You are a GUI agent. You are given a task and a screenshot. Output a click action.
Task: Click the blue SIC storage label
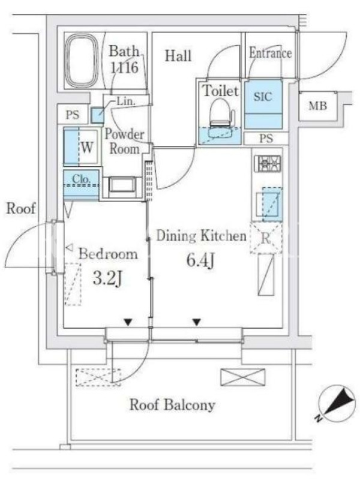tap(263, 97)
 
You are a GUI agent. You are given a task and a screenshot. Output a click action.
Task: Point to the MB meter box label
tap(317, 106)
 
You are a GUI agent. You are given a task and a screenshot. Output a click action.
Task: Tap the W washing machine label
tap(87, 148)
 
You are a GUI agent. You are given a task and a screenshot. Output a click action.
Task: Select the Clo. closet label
tap(81, 179)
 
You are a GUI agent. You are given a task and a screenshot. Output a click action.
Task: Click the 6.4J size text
tap(200, 261)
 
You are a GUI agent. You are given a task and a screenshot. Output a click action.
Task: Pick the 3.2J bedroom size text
tap(107, 278)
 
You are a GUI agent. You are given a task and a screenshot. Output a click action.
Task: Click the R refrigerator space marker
tap(266, 238)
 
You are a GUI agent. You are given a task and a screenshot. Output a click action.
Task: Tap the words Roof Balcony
tap(172, 404)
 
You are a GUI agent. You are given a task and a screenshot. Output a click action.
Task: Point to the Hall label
tap(178, 56)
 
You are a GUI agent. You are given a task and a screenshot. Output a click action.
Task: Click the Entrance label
tap(270, 53)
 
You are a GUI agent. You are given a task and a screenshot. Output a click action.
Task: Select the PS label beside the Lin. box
tap(73, 115)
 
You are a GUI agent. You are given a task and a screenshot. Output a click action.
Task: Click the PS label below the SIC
tap(266, 139)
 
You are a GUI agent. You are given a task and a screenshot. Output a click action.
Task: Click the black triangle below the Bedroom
tap(128, 322)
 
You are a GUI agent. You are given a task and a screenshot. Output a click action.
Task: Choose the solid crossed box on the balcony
tap(243, 377)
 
